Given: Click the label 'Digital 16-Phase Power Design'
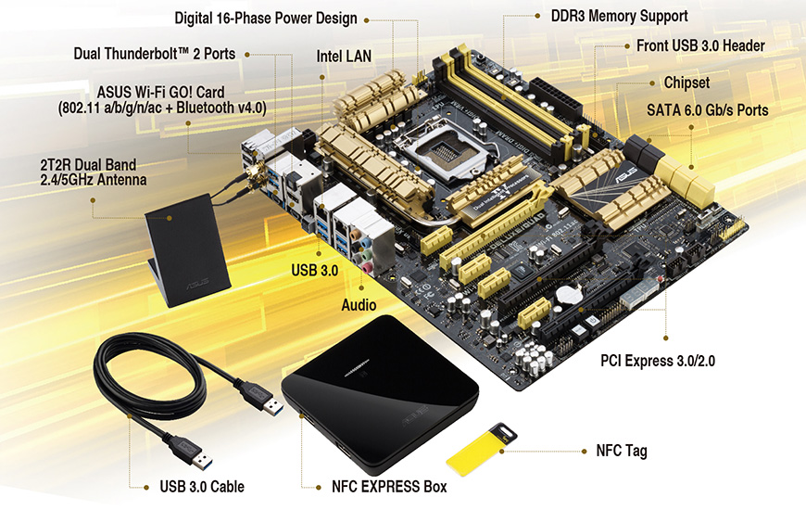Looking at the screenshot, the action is [x=266, y=19].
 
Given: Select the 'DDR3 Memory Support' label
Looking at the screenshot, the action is [x=620, y=16].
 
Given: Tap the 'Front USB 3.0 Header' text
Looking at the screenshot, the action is [x=700, y=45].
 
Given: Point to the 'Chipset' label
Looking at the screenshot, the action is [x=686, y=83].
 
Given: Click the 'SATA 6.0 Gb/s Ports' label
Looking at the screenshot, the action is [x=707, y=110].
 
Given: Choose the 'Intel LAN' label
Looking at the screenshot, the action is [x=344, y=56].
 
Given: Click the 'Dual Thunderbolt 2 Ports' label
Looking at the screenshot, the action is [x=154, y=54].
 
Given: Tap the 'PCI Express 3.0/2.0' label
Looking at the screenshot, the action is [x=658, y=361].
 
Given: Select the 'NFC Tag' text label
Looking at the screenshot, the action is [x=622, y=451].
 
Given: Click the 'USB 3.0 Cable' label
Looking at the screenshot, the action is [x=202, y=486].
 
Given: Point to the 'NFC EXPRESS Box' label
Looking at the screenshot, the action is [x=389, y=486].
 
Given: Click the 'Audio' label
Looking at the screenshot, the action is [x=359, y=305].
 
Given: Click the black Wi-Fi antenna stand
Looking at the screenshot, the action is [x=188, y=250].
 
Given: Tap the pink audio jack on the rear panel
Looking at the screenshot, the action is [x=368, y=268].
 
